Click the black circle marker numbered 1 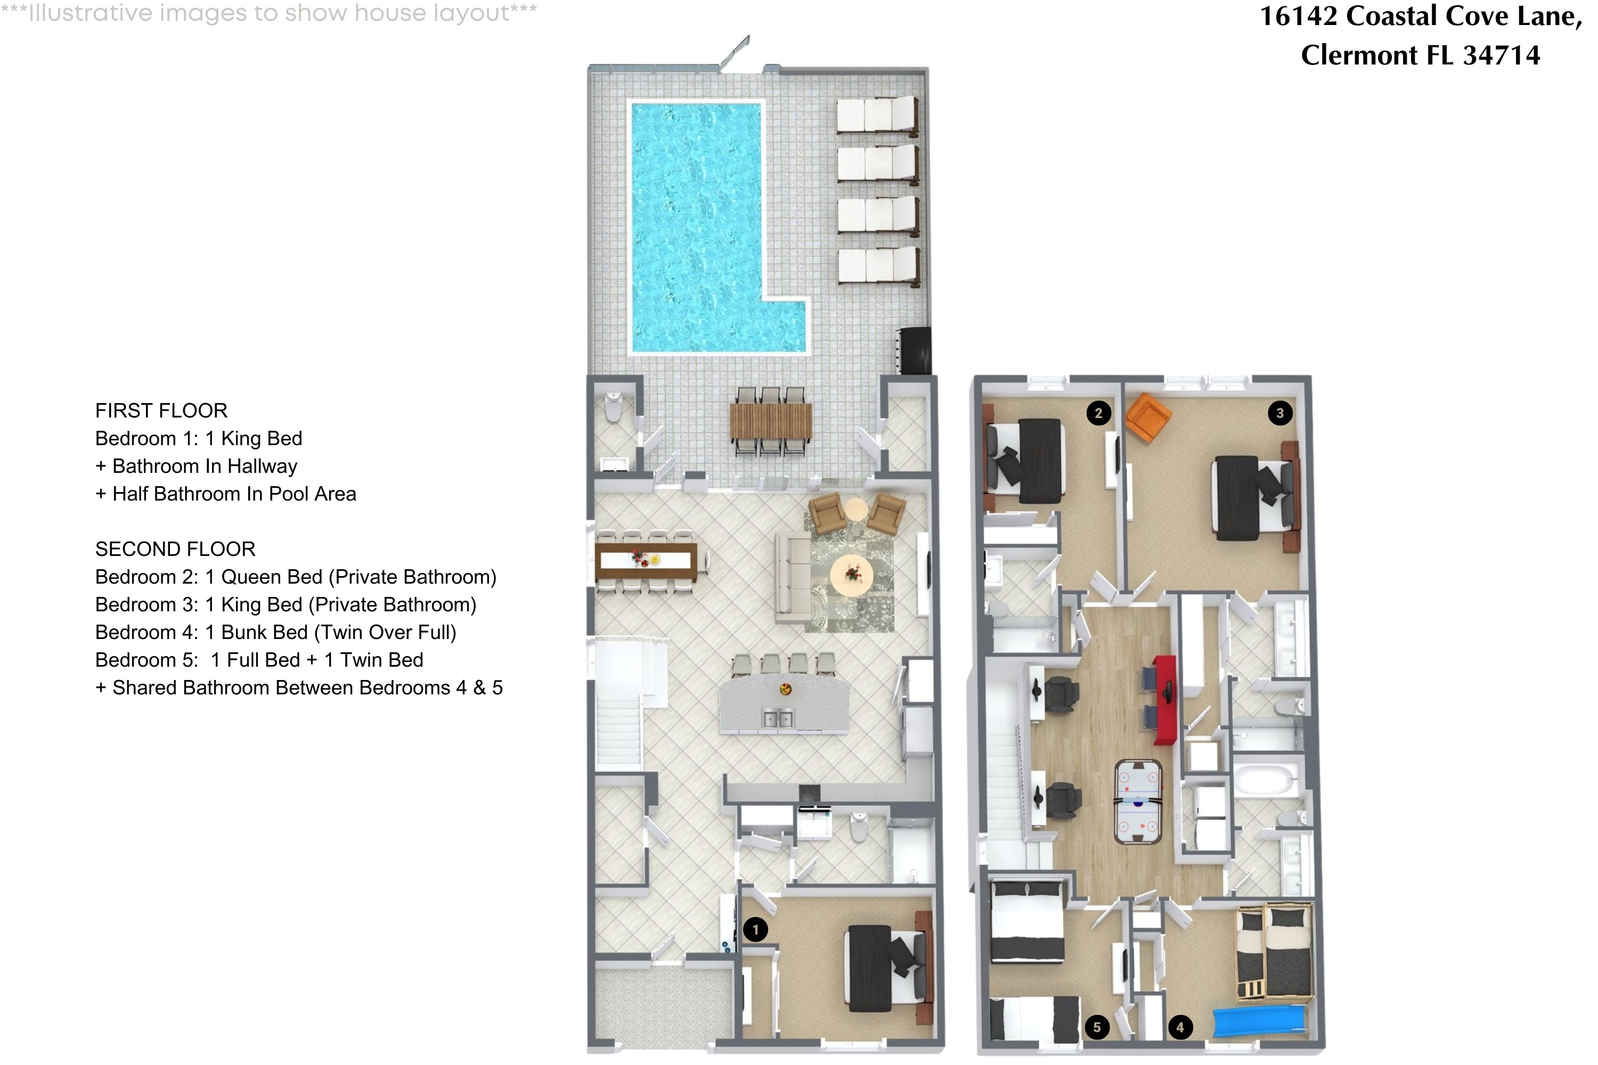755,929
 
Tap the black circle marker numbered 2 1098,413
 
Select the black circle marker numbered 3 1280,413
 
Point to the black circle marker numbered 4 1180,1028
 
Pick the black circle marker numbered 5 1097,1028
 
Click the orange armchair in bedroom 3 1147,417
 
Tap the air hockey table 1137,802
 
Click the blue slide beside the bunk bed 1259,1021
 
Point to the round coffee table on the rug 852,575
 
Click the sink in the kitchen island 777,718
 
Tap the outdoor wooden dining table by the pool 770,421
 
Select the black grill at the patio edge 915,350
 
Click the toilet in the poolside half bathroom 614,407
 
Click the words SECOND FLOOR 175,549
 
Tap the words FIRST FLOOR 161,410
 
